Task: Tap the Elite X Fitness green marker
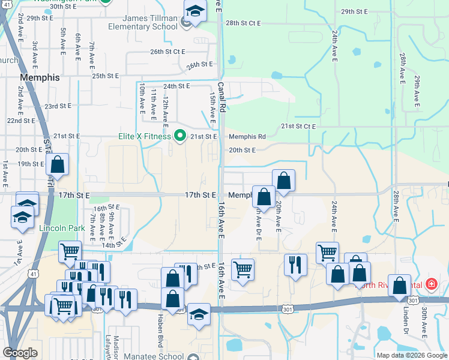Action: pos(179,136)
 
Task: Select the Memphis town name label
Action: pos(40,78)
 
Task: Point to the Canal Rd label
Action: pos(221,97)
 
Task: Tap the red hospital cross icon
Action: pos(430,284)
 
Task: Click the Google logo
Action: pos(21,353)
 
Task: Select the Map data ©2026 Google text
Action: pos(412,355)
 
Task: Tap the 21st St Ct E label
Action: pos(299,127)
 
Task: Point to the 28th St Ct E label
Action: pos(243,23)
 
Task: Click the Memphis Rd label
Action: pos(247,137)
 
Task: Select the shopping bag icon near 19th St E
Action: pos(58,164)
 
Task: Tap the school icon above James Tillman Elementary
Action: pos(194,12)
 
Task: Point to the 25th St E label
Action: pos(106,76)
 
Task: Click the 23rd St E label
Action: pos(58,106)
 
